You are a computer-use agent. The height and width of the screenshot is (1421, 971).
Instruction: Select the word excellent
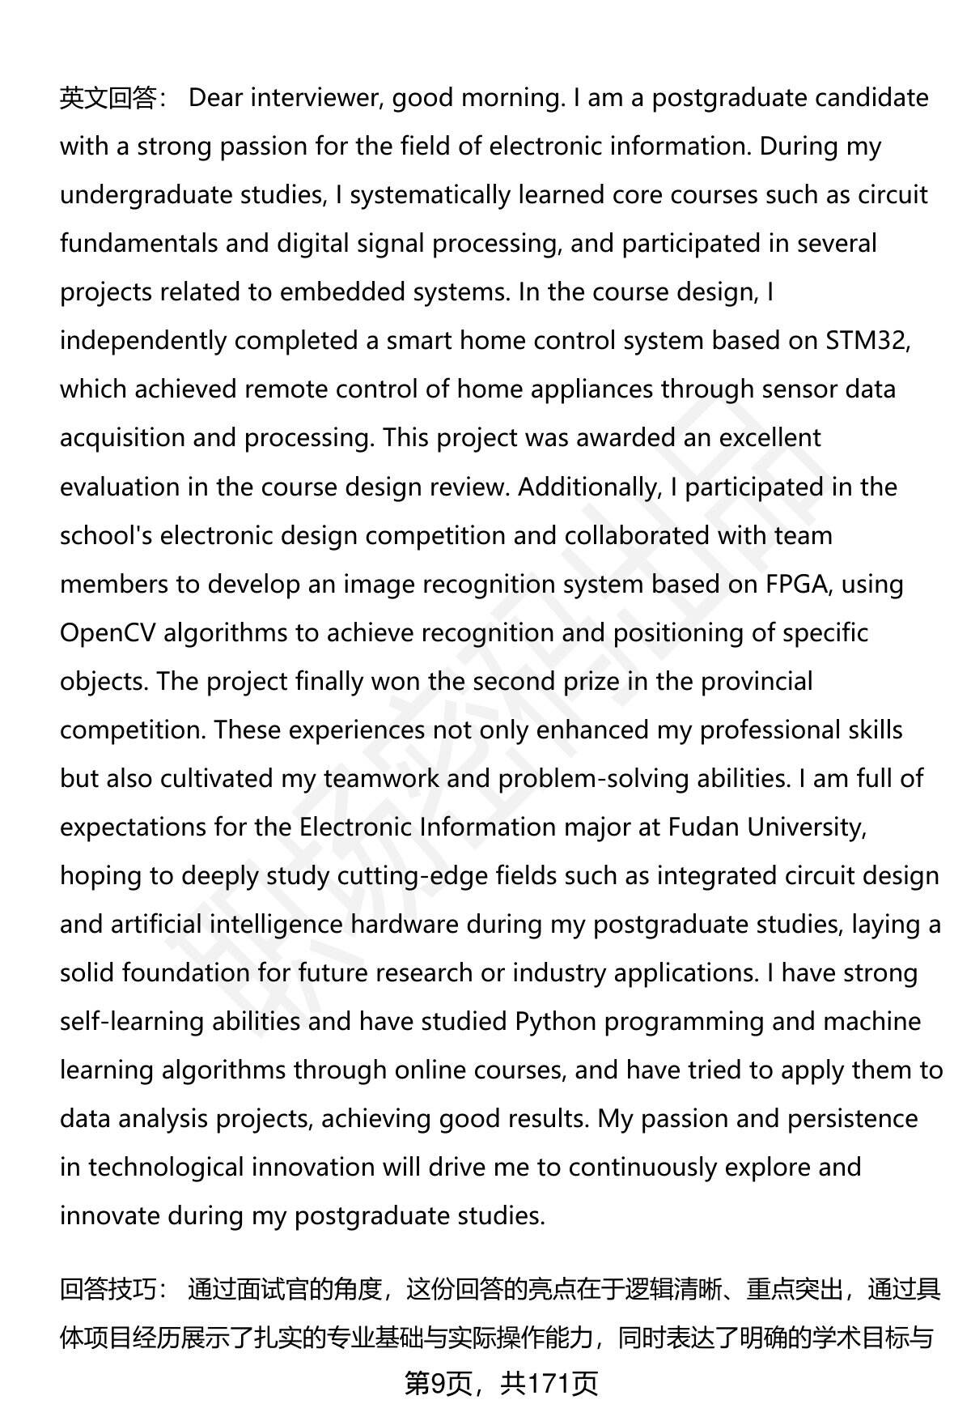[770, 438]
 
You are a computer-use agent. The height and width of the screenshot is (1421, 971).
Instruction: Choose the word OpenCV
[108, 632]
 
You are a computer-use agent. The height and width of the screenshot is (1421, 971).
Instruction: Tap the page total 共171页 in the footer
[549, 1384]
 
